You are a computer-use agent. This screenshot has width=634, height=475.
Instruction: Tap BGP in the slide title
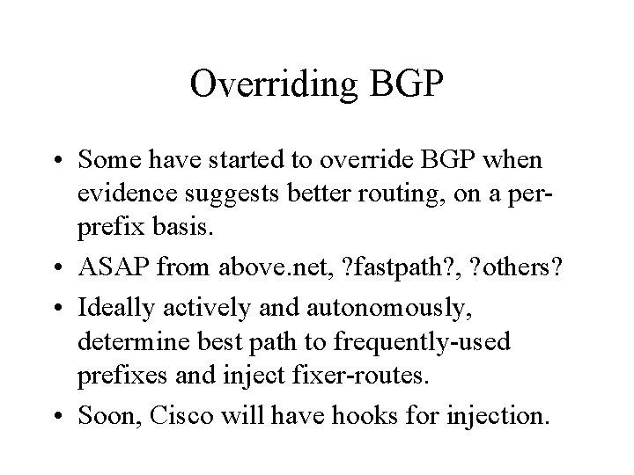pos(405,84)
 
